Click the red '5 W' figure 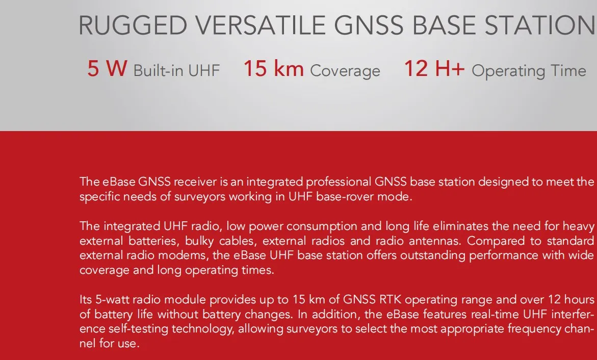[x=107, y=69]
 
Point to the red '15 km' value [x=273, y=69]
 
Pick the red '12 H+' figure [x=434, y=69]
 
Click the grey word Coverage [x=345, y=71]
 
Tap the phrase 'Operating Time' [x=529, y=71]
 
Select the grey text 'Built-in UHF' [x=176, y=71]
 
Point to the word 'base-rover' [x=345, y=197]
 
